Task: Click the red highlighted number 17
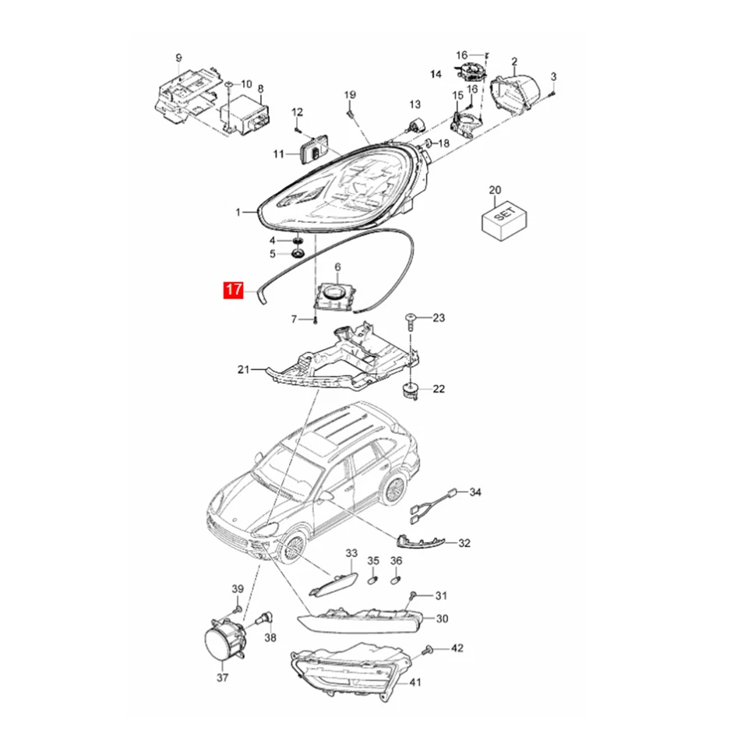[233, 291]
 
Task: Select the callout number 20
[495, 190]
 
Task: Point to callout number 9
[178, 58]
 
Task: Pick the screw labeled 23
[410, 319]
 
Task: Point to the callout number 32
[464, 543]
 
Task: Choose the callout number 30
[442, 619]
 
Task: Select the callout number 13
[415, 104]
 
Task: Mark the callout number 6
[338, 267]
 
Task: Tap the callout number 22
[439, 389]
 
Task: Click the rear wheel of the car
[394, 489]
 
